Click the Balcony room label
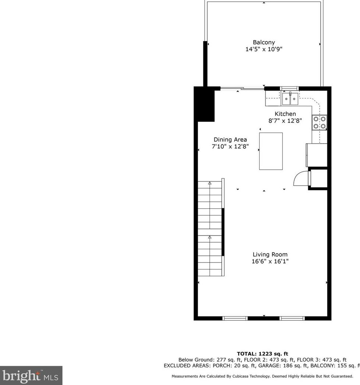(264, 42)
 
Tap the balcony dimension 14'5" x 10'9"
(264, 49)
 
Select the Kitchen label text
(285, 114)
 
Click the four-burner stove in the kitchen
(319, 123)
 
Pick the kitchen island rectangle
(271, 151)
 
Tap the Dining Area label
(230, 139)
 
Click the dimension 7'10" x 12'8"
(230, 146)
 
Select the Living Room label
(270, 254)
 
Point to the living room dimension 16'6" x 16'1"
(270, 261)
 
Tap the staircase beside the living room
(210, 228)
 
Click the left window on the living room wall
(235, 318)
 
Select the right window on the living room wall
(292, 318)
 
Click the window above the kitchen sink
(290, 88)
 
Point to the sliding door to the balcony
(242, 88)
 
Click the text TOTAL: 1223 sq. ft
(263, 354)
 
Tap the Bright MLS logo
(31, 375)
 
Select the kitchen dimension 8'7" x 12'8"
(285, 120)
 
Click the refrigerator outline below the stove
(317, 155)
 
